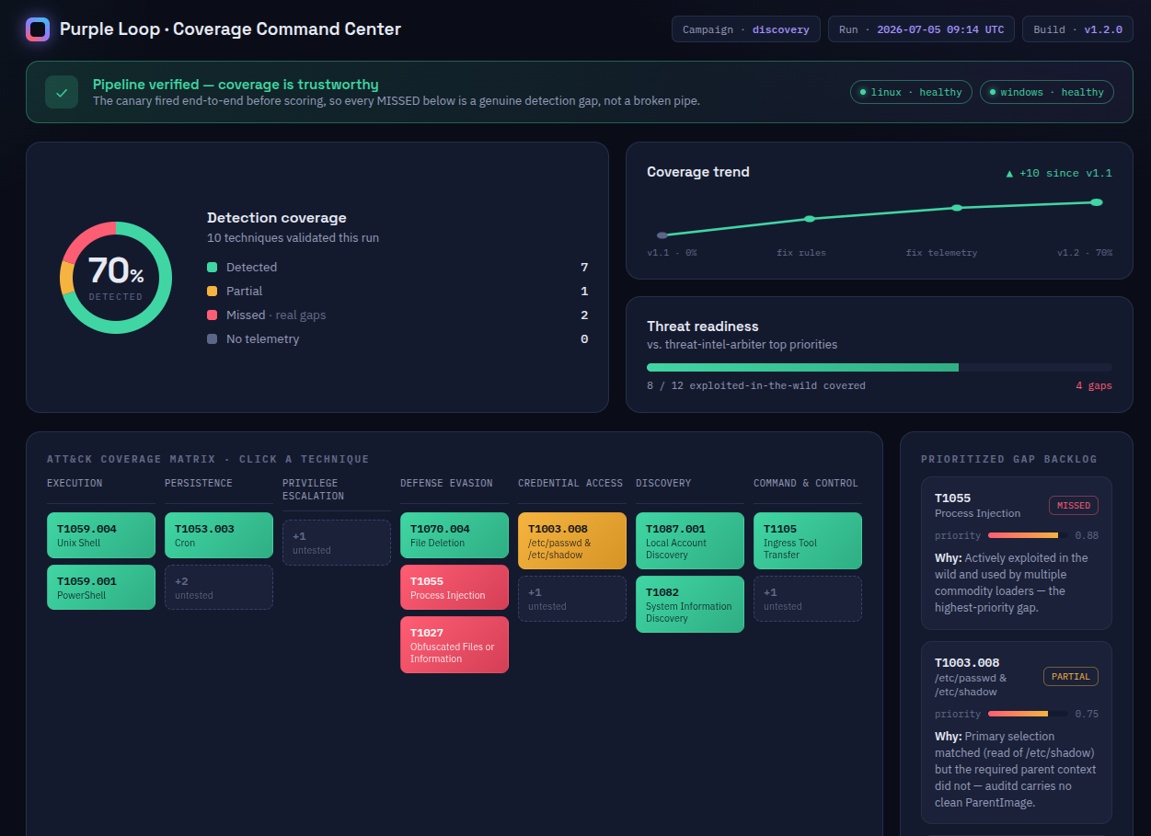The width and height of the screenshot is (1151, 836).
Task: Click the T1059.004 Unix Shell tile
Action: [100, 535]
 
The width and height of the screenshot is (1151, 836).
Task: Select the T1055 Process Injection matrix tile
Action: [455, 588]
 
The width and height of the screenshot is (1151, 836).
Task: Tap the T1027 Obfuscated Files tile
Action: [455, 645]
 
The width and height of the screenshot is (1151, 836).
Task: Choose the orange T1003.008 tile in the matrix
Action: [572, 541]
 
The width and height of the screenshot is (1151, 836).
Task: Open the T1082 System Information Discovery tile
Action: [689, 604]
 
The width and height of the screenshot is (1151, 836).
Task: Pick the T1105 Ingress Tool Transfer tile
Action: [807, 541]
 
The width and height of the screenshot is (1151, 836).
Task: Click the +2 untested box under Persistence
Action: [218, 588]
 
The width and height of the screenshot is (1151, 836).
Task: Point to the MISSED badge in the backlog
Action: [1074, 505]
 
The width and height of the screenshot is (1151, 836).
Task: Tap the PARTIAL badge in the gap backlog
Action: [1071, 676]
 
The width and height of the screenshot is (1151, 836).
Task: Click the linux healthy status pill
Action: [911, 92]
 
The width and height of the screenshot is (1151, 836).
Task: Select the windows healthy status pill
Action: [1047, 92]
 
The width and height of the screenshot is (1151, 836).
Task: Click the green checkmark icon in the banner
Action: [62, 93]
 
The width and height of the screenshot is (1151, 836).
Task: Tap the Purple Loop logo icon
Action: [38, 29]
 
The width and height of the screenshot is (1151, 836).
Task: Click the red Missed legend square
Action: [212, 315]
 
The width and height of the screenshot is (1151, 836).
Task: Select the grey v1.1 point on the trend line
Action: [662, 235]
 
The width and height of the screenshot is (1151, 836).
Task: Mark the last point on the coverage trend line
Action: [1097, 202]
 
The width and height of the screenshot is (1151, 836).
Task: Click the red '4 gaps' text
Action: [1094, 385]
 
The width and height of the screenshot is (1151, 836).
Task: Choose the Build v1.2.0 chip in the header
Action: [1077, 29]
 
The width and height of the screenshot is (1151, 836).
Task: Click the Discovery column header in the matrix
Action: [663, 483]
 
